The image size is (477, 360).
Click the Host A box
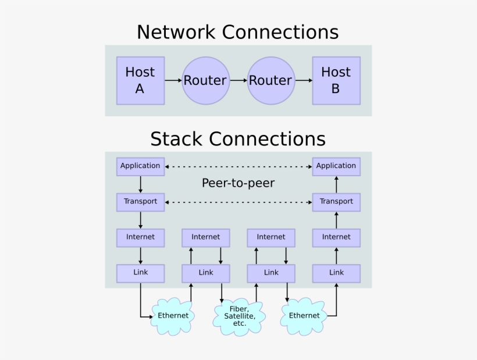(140, 80)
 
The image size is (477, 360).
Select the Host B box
(336, 80)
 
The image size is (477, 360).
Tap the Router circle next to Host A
(205, 80)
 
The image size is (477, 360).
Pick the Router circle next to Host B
(270, 80)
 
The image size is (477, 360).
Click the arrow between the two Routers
(237, 80)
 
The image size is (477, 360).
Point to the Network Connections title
(237, 31)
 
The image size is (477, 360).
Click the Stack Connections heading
(237, 139)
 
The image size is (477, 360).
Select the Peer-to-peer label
(238, 183)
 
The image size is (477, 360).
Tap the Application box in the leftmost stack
(140, 166)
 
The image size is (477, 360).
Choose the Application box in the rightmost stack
(336, 166)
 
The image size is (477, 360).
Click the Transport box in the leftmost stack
(140, 202)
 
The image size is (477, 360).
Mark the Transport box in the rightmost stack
(336, 202)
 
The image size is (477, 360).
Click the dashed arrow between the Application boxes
(238, 166)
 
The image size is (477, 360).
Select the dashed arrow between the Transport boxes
(238, 202)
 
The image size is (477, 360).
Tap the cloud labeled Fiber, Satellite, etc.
(239, 316)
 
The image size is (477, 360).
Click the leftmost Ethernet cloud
(173, 315)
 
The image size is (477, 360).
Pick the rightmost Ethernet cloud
(304, 315)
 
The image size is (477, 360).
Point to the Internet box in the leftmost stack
(140, 237)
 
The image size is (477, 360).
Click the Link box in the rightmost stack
(336, 273)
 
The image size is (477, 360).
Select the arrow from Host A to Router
(173, 80)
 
